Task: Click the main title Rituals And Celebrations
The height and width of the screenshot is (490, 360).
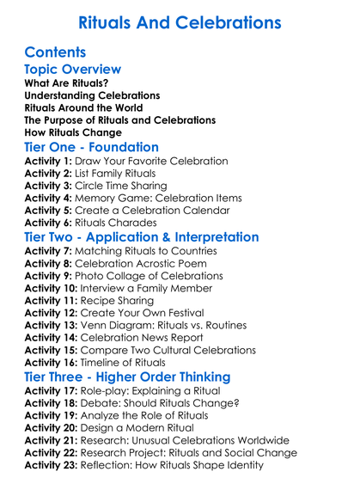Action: pyautogui.click(x=180, y=21)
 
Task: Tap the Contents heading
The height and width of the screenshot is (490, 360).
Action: pyautogui.click(x=55, y=52)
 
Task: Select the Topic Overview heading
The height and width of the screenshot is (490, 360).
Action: pyautogui.click(x=72, y=69)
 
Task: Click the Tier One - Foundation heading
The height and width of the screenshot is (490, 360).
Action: pyautogui.click(x=92, y=148)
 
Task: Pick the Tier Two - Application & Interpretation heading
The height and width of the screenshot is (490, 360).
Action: pyautogui.click(x=141, y=237)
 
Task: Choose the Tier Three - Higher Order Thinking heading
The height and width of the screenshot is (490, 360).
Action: pyautogui.click(x=127, y=377)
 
